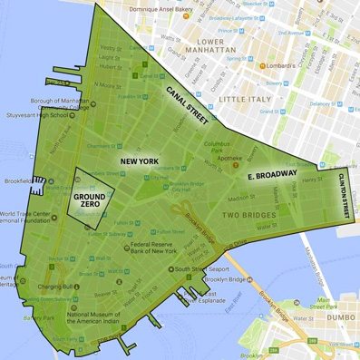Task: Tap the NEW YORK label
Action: click(140, 161)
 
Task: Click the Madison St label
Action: click(240, 199)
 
